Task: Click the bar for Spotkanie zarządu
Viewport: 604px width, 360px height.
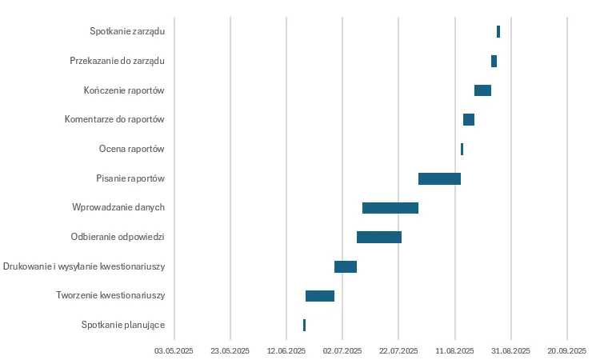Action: coord(498,32)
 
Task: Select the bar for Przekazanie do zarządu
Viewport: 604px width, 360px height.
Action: coord(494,61)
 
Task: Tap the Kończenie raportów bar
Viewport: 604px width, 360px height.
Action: coord(482,90)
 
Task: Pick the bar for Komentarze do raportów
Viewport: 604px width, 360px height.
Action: coord(469,120)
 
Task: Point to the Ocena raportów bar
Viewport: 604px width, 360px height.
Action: coord(462,149)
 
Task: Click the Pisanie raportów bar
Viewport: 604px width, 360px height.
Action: coord(439,178)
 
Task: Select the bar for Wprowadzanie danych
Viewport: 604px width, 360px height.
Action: coord(390,208)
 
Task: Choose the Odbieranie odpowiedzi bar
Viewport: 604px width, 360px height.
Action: coord(379,237)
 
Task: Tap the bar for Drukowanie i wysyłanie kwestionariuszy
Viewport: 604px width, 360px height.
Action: coord(346,266)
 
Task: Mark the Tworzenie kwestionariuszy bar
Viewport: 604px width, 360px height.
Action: coord(320,296)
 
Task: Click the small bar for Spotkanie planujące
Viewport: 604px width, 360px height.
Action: coord(304,325)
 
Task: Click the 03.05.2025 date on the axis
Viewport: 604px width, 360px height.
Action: coord(174,350)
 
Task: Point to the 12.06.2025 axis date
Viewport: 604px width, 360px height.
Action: coord(286,350)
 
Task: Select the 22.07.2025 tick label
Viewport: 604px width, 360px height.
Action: coord(398,350)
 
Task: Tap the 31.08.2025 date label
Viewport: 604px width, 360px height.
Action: coord(510,350)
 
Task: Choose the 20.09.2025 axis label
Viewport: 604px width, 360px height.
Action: coord(566,350)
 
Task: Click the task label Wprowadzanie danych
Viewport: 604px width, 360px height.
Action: coord(118,207)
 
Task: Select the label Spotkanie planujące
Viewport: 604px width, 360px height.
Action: coord(123,325)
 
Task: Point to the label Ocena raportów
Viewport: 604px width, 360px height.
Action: coord(132,149)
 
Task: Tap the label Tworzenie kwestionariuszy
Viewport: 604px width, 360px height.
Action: coord(110,296)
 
